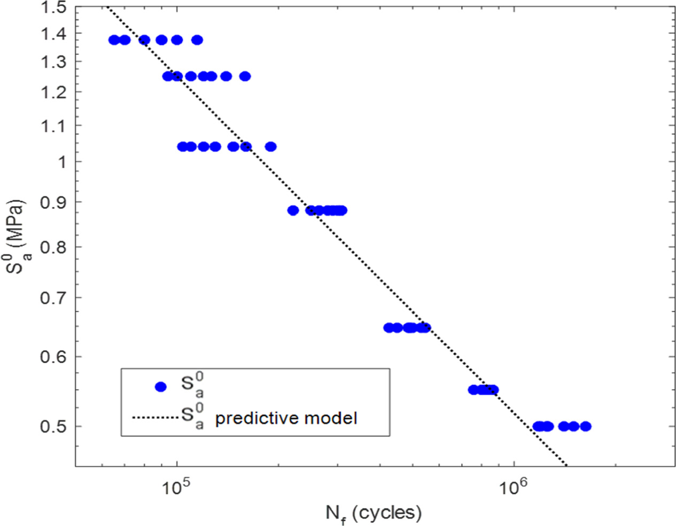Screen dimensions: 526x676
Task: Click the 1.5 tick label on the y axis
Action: coord(53,8)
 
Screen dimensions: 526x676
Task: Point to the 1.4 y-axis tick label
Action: coord(53,34)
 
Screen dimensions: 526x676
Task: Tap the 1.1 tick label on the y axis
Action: coord(53,126)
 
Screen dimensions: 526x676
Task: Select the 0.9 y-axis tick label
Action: coord(53,202)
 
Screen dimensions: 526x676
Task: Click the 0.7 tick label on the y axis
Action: coord(53,297)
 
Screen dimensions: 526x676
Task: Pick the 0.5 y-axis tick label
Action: coord(53,427)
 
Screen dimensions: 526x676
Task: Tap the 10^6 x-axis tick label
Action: coord(511,488)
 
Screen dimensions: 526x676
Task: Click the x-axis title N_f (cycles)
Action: coord(374,514)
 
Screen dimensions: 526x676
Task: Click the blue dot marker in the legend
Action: coord(160,387)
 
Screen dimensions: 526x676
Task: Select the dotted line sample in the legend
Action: coord(156,417)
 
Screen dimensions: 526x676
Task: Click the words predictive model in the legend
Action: coord(286,418)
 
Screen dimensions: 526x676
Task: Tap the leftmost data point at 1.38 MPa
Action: coord(114,40)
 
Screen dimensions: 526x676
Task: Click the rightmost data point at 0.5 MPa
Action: coord(586,426)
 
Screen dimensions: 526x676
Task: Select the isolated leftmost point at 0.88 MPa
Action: coord(293,210)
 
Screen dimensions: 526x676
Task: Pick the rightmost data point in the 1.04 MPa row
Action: coord(271,146)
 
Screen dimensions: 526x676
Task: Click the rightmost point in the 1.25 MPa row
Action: coord(245,76)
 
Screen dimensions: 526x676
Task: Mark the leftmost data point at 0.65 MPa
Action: coord(389,328)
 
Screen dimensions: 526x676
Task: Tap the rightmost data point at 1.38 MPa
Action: coord(197,40)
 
